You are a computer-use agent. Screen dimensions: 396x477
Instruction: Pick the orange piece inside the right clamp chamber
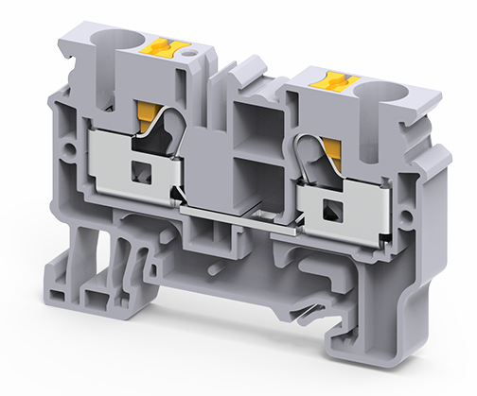(x=333, y=147)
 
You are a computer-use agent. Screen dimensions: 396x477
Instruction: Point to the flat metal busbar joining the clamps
(x=241, y=217)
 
